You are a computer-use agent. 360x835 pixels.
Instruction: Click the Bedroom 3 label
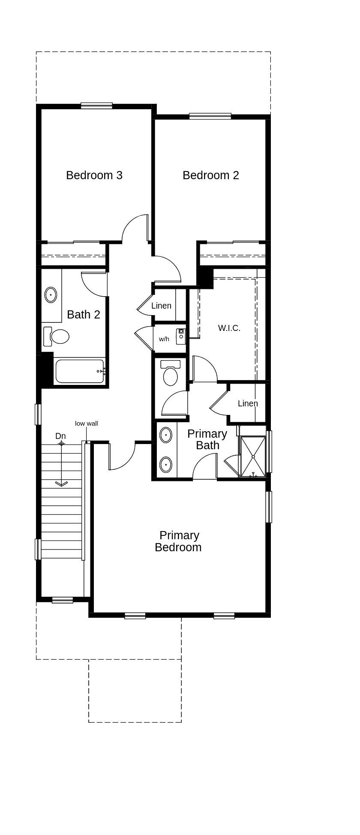pos(94,175)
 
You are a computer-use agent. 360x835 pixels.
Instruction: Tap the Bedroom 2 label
pos(210,175)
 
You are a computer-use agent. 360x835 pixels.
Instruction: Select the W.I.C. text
pos(229,328)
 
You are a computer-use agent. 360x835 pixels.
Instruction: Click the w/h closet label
pos(164,339)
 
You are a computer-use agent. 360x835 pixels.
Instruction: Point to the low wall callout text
pos(87,424)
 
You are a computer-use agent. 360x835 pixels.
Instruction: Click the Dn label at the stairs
pos(60,436)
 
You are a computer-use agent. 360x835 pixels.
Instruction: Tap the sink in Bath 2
pos(51,295)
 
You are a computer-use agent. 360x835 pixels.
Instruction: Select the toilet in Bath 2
pos(57,336)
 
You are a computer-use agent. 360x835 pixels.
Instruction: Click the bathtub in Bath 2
pos(80,371)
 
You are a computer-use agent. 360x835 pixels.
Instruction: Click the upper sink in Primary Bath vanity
pos(166,436)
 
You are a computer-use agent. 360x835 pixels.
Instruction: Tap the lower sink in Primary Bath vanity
pos(166,464)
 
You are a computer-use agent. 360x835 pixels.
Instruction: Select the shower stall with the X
pos(253,457)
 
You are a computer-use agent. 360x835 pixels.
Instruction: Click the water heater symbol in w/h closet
pos(181,333)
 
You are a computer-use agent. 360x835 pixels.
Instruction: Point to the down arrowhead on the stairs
pos(61,484)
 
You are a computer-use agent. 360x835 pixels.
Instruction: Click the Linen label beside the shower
pos(248,403)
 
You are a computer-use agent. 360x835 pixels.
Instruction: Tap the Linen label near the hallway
pos(161,306)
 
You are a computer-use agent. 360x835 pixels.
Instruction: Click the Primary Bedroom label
pos(178,541)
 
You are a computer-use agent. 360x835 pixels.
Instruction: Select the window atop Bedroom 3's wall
pos(96,106)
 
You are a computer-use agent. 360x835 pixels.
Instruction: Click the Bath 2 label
pos(84,315)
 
